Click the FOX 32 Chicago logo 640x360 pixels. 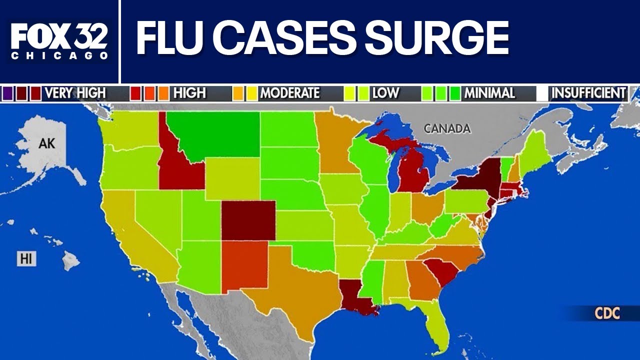[x=59, y=41]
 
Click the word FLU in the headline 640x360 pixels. [x=172, y=38]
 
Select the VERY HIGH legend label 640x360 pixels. [x=75, y=93]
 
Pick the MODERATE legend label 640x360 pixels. [x=289, y=93]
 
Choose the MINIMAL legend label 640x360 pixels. [x=489, y=93]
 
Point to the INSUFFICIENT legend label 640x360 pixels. [x=588, y=93]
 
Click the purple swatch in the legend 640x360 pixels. [x=8, y=93]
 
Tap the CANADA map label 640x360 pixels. [x=447, y=128]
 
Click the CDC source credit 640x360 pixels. [x=607, y=314]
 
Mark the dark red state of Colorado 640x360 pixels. [x=248, y=220]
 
